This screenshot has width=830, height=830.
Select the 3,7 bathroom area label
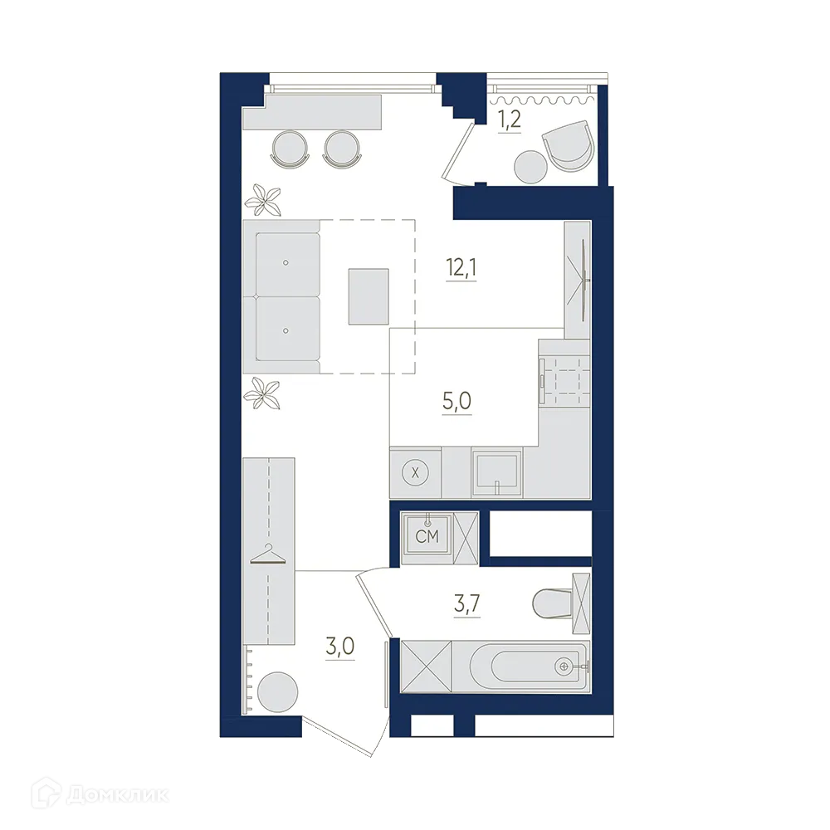pyautogui.click(x=466, y=603)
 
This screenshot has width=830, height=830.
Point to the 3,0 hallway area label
pyautogui.click(x=340, y=646)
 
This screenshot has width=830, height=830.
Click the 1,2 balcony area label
pyautogui.click(x=508, y=120)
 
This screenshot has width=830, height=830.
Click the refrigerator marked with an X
pyautogui.click(x=415, y=472)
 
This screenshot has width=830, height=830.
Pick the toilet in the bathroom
pyautogui.click(x=552, y=603)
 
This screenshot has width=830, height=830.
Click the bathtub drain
pyautogui.click(x=565, y=666)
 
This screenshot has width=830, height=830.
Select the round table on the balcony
pyautogui.click(x=530, y=167)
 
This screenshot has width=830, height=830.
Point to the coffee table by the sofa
pyautogui.click(x=369, y=296)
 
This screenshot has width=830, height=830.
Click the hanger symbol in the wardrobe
pyautogui.click(x=268, y=554)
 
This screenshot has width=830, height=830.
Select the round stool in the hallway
pyautogui.click(x=276, y=691)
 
